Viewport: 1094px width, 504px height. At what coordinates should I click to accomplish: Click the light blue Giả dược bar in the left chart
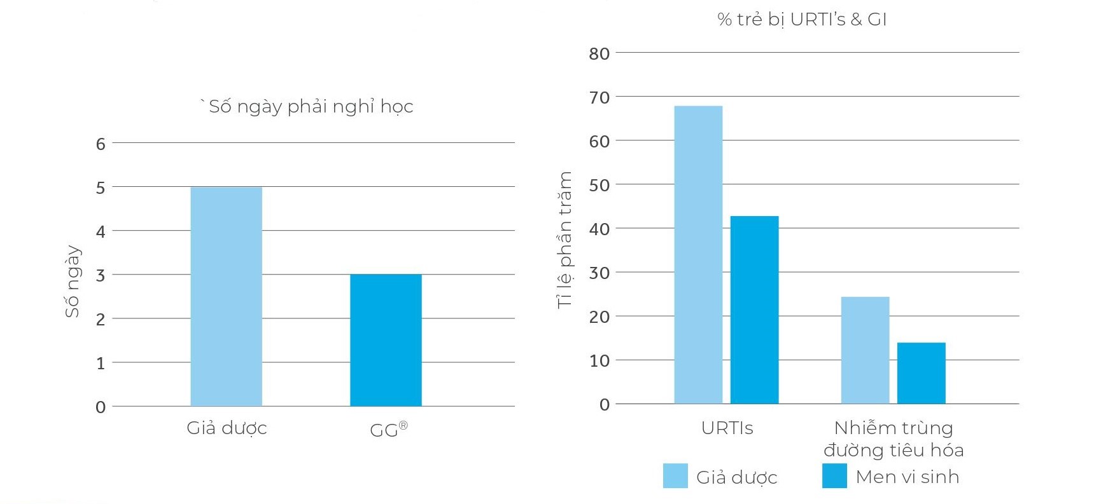(226, 296)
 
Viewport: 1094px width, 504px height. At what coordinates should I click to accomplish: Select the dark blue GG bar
(386, 340)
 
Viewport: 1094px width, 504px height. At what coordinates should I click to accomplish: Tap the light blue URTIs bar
(698, 254)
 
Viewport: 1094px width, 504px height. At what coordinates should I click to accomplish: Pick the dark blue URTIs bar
(754, 310)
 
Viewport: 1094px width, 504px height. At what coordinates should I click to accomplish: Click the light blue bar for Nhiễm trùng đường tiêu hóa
(865, 350)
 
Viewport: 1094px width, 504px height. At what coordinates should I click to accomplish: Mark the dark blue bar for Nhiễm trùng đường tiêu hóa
(921, 373)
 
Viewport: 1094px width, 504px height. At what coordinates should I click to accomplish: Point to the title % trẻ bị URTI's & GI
(802, 20)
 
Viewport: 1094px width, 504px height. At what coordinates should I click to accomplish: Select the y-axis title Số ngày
(73, 281)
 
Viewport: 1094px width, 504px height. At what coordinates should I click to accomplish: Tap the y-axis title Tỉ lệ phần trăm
(565, 240)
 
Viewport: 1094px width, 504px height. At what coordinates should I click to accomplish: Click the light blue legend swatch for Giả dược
(675, 476)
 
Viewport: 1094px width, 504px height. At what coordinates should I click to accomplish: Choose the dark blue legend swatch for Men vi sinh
(834, 476)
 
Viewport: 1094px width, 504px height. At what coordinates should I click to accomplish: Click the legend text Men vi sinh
(907, 477)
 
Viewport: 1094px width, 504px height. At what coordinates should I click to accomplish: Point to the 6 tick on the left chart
(101, 144)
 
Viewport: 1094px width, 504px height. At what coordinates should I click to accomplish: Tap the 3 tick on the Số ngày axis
(101, 276)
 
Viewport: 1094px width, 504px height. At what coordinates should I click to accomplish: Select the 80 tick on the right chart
(599, 54)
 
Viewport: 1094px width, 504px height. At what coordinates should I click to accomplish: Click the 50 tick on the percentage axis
(599, 186)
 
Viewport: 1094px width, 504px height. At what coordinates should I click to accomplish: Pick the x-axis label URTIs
(727, 428)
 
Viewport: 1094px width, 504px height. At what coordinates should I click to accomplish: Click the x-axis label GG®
(388, 430)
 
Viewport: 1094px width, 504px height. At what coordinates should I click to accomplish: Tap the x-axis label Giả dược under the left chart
(227, 428)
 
